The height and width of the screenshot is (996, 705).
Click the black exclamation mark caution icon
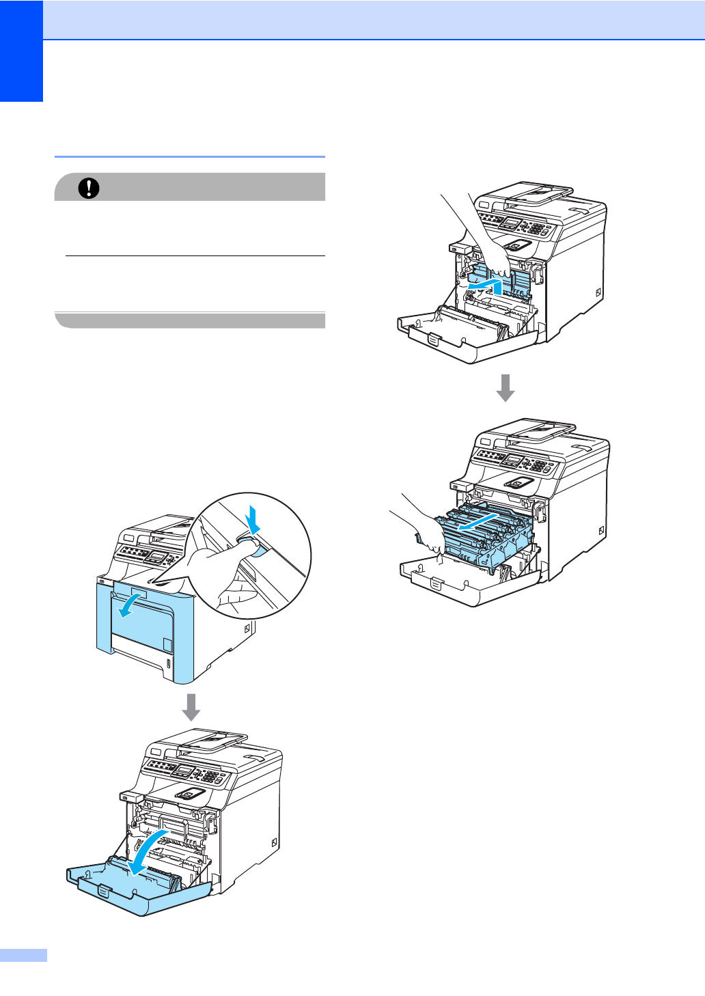[x=89, y=188]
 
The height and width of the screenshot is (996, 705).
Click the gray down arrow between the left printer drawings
[x=191, y=708]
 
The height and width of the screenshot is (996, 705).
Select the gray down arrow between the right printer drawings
[x=506, y=388]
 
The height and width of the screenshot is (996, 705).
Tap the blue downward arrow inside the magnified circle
[x=253, y=521]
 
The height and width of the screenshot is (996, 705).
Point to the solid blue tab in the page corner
[x=21, y=51]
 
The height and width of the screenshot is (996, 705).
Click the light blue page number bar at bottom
[x=23, y=955]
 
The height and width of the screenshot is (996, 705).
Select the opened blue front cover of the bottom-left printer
[x=140, y=888]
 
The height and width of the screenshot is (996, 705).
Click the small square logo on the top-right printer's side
[x=598, y=292]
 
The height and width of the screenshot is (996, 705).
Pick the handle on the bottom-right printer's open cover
[x=437, y=584]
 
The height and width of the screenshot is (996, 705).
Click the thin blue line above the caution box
[x=189, y=156]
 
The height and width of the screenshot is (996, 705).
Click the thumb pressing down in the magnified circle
[x=239, y=547]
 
